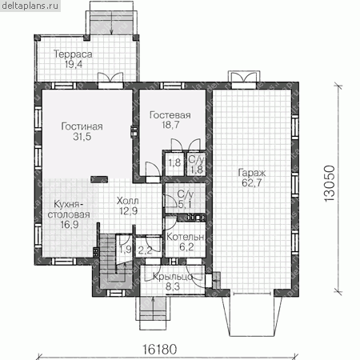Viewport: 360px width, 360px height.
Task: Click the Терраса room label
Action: click(73, 54)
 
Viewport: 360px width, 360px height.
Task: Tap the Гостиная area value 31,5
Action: click(82, 137)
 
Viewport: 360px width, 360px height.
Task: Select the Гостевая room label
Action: click(170, 115)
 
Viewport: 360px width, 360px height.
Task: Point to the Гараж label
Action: click(252, 173)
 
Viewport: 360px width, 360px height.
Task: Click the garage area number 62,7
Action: click(252, 183)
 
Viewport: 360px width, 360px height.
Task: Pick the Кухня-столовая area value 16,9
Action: click(70, 225)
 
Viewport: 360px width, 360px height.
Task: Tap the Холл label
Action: click(128, 201)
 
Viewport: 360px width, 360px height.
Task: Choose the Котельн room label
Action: click(186, 237)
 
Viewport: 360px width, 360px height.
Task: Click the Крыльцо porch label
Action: click(173, 277)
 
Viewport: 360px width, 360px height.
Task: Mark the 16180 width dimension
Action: click(159, 350)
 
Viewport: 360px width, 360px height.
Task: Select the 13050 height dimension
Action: click(330, 183)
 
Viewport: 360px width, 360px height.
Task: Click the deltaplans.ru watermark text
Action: click(30, 6)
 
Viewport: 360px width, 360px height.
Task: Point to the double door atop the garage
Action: click(244, 78)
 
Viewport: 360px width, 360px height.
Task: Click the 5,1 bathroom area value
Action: click(185, 205)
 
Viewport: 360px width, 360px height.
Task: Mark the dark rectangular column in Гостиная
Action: click(99, 179)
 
